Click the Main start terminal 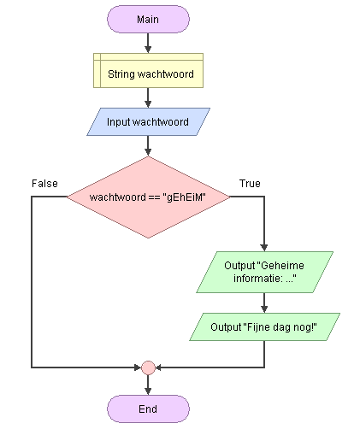click(148, 19)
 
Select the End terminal click(148, 409)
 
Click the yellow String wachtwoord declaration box click(148, 70)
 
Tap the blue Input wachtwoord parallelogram click(148, 122)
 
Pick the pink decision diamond click(148, 197)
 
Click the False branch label click(44, 184)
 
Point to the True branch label click(250, 184)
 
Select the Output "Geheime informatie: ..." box click(264, 272)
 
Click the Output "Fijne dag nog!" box click(264, 326)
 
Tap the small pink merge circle click(148, 367)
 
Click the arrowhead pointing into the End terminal click(148, 391)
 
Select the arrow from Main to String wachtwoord click(148, 43)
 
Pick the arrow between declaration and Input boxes click(148, 97)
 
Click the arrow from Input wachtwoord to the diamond click(148, 146)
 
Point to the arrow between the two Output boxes click(264, 303)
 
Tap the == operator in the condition click(154, 197)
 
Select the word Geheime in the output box click(282, 266)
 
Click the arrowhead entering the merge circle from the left click(138, 367)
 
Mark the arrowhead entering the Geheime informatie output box click(264, 248)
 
